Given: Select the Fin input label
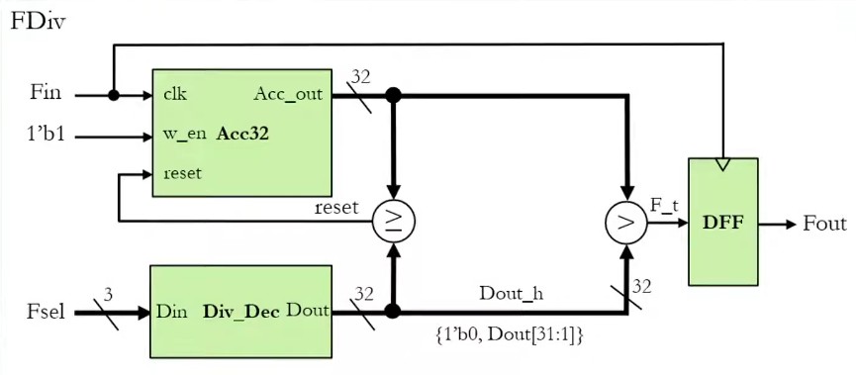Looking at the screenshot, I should pyautogui.click(x=46, y=94).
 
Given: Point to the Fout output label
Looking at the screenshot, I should pyautogui.click(x=823, y=224).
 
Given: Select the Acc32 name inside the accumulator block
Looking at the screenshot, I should pyautogui.click(x=242, y=133).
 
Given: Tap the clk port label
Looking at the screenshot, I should pyautogui.click(x=176, y=95).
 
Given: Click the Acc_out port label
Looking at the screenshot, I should pyautogui.click(x=288, y=95).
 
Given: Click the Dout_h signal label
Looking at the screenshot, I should pyautogui.click(x=511, y=294).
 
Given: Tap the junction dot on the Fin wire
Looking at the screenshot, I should pyautogui.click(x=115, y=96).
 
